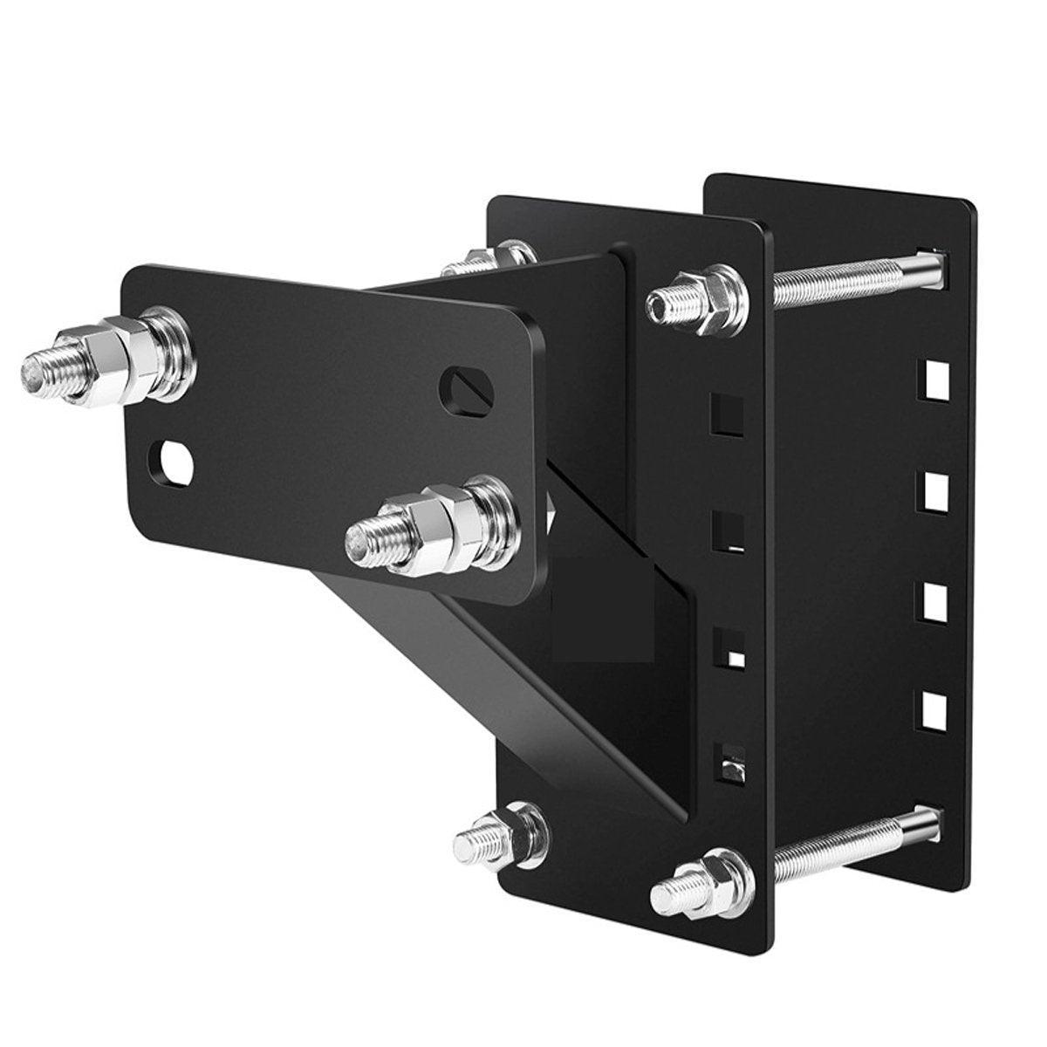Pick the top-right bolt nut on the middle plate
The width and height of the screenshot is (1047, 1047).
tap(698, 299)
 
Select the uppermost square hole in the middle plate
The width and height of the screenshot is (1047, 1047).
tap(728, 414)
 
